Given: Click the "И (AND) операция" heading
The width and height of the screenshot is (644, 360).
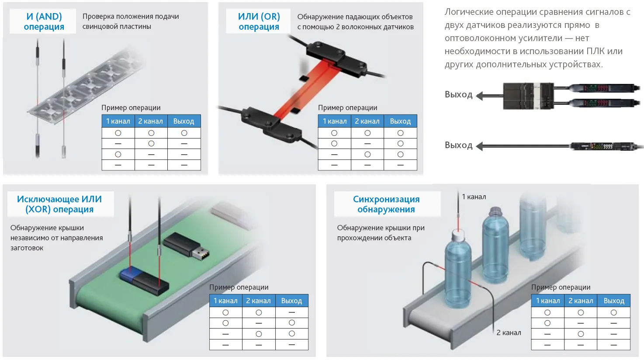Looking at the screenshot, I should coord(44,21).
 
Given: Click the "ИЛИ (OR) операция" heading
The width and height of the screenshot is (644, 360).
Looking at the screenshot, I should coord(259,21).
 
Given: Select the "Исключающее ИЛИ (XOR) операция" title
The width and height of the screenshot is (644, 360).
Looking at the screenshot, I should coord(59,204).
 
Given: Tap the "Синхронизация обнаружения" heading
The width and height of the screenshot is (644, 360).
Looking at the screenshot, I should coord(386,204).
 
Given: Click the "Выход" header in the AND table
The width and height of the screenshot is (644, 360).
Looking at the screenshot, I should coord(184,121).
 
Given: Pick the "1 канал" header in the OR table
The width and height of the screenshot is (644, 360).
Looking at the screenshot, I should coord(334,121).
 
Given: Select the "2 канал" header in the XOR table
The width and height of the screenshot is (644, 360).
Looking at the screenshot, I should coord(258,301).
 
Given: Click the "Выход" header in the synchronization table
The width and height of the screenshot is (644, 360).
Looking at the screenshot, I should coord(613,301).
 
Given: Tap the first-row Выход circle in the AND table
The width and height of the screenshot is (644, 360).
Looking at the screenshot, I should coord(184,133).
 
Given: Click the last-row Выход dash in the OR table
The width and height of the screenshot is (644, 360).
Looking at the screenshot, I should coord(400,165).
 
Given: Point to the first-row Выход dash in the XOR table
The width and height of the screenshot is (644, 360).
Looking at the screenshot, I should coord(291,312).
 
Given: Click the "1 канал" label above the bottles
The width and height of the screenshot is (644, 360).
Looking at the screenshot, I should coord(474,197).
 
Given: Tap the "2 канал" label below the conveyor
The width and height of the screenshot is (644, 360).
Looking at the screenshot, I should coord(509,332).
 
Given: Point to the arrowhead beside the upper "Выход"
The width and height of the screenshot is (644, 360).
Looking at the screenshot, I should coord(480,96).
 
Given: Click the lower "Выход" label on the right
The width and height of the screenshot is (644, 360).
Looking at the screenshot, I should coord(458,145).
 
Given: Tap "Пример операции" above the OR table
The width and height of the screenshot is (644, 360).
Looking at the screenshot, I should coord(347,107).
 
